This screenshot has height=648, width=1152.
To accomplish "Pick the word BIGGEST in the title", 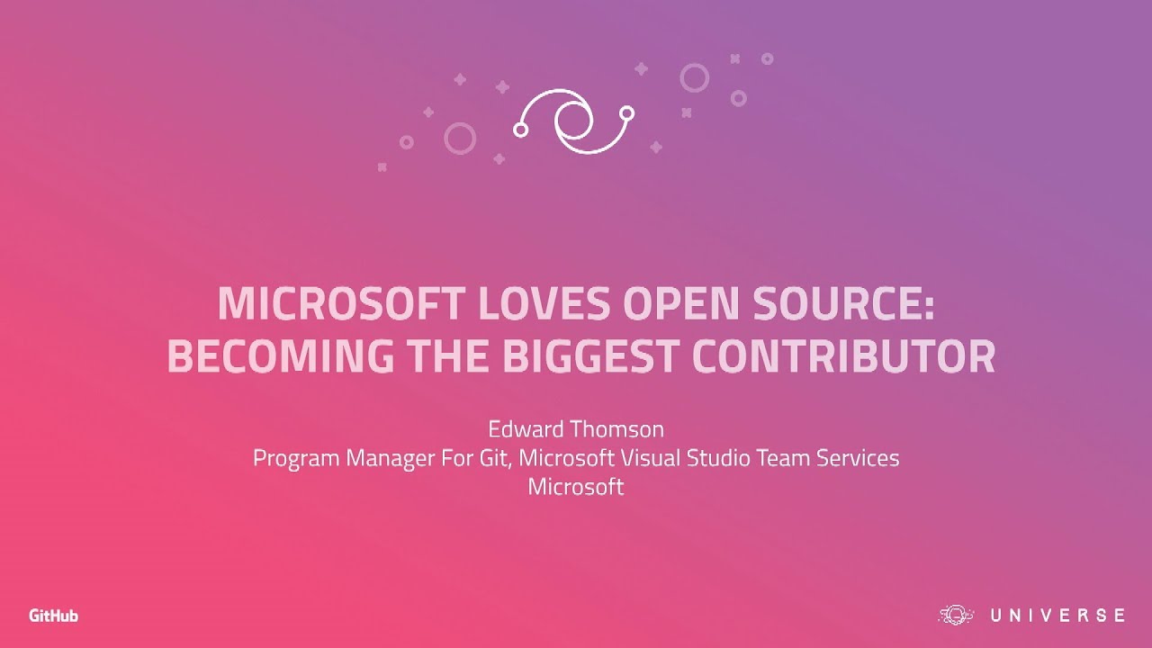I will [x=588, y=356].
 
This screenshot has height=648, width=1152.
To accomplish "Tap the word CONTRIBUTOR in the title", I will [x=843, y=356].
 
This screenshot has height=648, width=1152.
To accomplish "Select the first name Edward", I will [x=522, y=428].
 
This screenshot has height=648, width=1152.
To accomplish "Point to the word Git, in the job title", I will [x=496, y=458].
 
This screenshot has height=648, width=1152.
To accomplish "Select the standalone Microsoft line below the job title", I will [x=575, y=487].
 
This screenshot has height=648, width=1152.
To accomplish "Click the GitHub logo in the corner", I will [x=53, y=616].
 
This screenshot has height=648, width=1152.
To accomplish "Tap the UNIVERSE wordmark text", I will [x=1057, y=616].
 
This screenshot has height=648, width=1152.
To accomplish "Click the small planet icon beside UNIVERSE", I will [x=957, y=616].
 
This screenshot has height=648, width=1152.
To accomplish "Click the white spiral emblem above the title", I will [x=573, y=121].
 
